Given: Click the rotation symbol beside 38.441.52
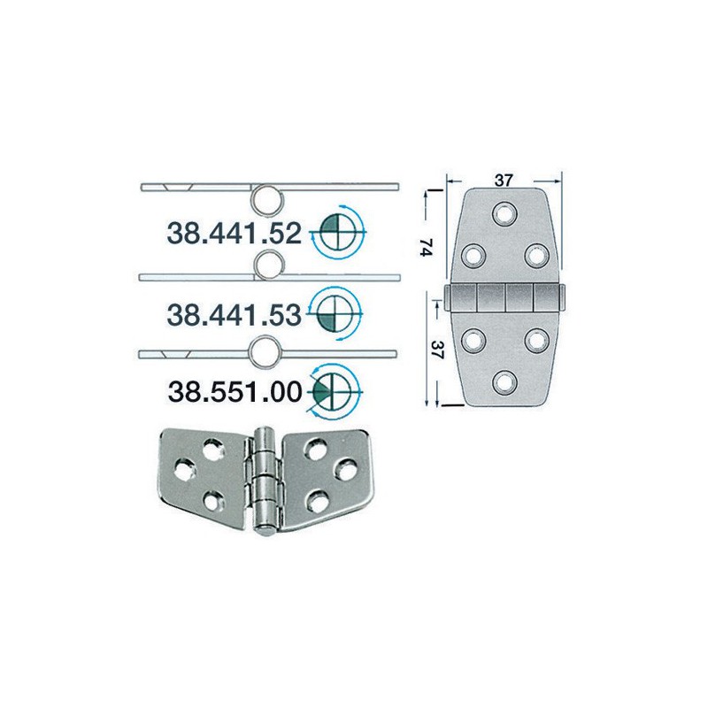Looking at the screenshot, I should click(338, 234).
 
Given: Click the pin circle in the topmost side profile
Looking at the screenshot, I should click(268, 199).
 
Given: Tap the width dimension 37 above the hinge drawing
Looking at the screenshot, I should click(504, 181).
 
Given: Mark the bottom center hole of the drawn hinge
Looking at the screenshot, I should click(504, 381).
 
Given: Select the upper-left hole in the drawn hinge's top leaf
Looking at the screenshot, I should click(472, 255).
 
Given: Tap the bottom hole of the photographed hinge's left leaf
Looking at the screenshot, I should click(212, 501).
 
